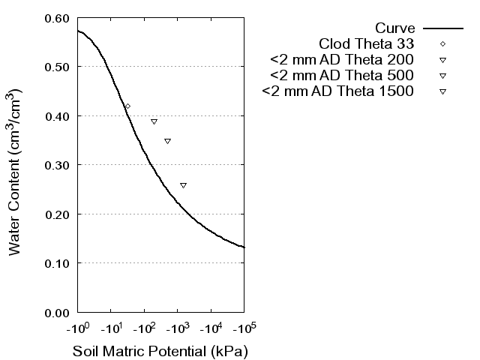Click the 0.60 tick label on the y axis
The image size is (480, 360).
click(59, 18)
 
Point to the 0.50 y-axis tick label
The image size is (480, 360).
click(59, 67)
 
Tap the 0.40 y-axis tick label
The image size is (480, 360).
click(59, 116)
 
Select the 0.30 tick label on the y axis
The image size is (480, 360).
click(59, 165)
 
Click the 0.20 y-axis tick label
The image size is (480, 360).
click(59, 214)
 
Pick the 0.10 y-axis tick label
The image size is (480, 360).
click(59, 263)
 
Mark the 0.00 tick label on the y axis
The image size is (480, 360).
click(59, 312)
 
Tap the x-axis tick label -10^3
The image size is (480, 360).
click(177, 328)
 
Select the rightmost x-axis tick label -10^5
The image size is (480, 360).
click(244, 328)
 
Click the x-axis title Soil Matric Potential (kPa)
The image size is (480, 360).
click(160, 351)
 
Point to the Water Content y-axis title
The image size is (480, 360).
click(16, 172)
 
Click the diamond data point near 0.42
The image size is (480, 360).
click(127, 106)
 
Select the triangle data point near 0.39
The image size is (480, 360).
click(154, 121)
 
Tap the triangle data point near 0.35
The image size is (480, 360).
click(167, 141)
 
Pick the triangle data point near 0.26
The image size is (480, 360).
click(183, 185)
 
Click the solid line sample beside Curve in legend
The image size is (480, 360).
click(442, 28)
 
